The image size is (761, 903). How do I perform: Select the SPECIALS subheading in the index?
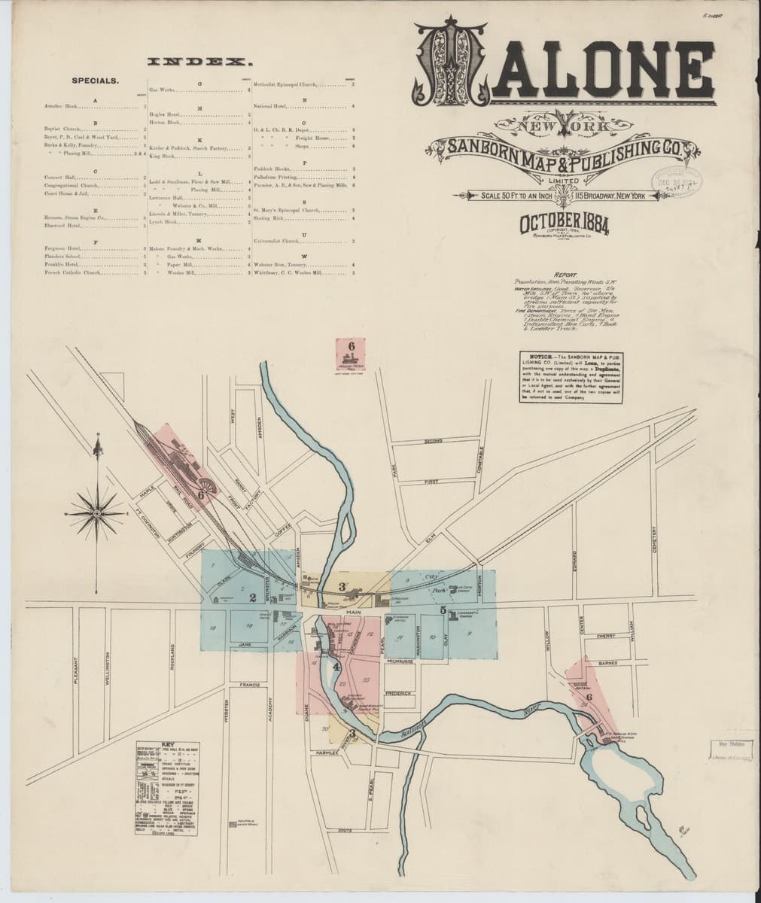[94, 79]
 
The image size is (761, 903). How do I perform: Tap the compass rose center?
[97, 512]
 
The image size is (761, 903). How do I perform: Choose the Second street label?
[433, 441]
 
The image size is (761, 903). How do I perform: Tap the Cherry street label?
[605, 636]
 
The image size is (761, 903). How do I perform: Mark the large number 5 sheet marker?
[443, 611]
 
